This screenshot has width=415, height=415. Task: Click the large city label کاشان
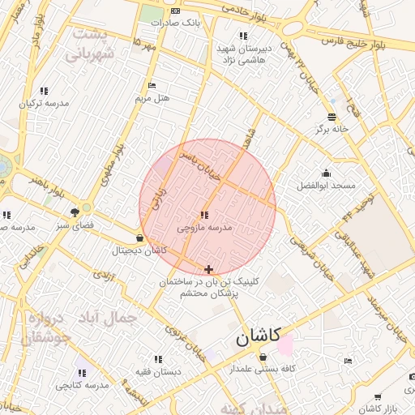coord(259,337)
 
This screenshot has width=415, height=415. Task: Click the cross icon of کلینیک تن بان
coord(209,269)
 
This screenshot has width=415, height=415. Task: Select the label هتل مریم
coord(152,98)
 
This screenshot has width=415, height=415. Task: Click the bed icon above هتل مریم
coord(152,86)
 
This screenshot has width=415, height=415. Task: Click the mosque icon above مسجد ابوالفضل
coord(326,173)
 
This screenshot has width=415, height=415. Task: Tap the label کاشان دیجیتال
coord(139,250)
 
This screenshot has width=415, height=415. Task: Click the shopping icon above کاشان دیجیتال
coord(140,238)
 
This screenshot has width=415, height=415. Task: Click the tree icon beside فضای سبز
coord(75,212)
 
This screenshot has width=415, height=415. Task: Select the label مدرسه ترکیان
coord(43,104)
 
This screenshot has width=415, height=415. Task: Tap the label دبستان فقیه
coord(158,371)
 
